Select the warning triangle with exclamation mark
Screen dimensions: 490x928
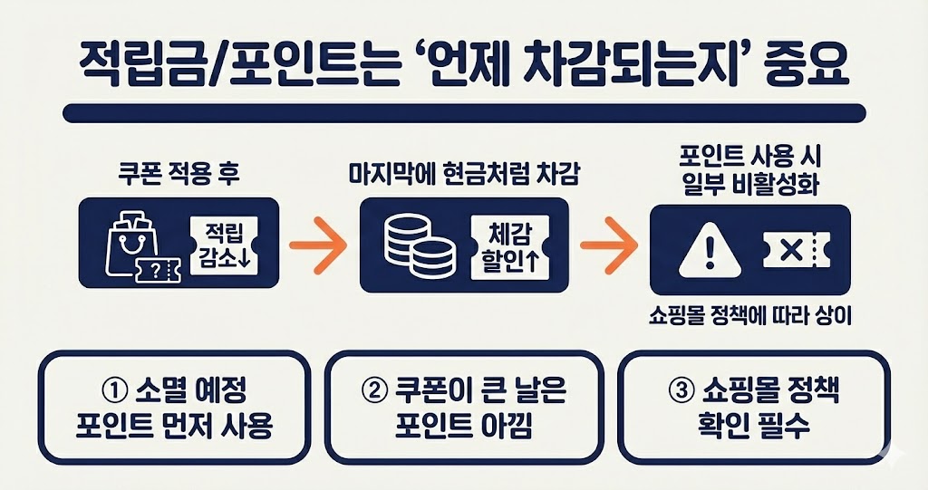click(703, 246)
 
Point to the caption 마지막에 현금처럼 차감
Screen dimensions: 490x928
click(463, 173)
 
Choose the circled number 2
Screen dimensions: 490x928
click(374, 391)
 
